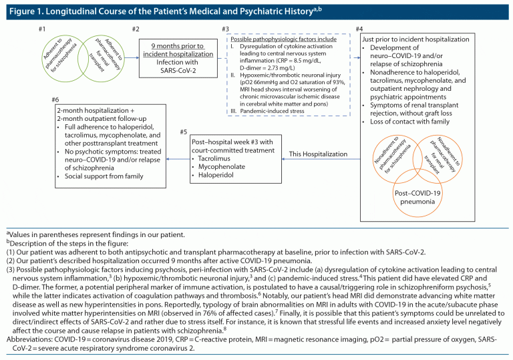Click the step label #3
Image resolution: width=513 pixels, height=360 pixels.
pos(226,29)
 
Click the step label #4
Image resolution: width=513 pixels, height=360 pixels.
pos(360,29)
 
